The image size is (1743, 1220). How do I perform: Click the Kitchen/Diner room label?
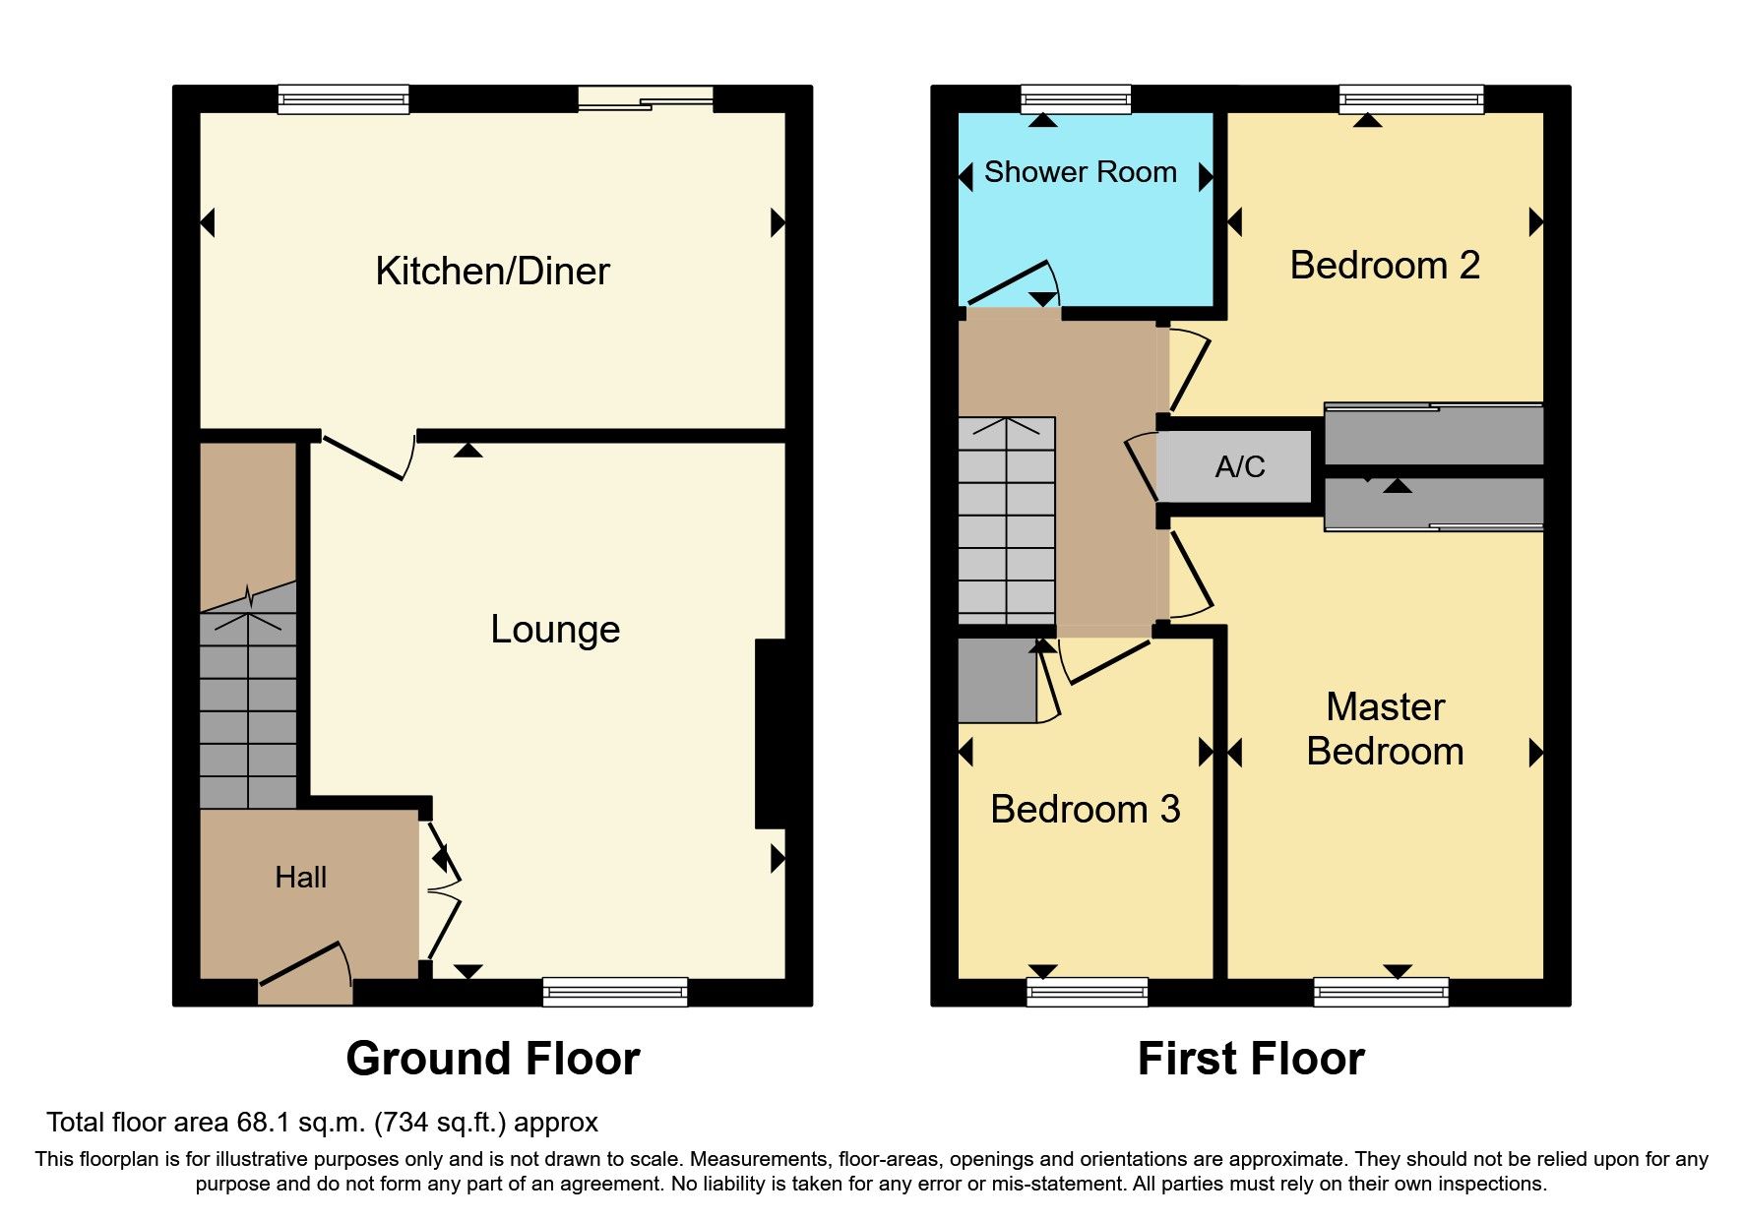[492, 272]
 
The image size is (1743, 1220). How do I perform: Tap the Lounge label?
[555, 630]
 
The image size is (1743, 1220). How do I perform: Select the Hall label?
[300, 878]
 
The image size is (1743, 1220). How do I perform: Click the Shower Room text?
[1080, 172]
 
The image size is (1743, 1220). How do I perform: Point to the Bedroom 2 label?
[1384, 266]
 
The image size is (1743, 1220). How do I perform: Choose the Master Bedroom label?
[1384, 729]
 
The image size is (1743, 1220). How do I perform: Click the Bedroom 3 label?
[1085, 810]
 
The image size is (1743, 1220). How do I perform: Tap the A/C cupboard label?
[1239, 466]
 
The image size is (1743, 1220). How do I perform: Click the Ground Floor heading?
[492, 1060]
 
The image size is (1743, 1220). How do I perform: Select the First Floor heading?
[1250, 1060]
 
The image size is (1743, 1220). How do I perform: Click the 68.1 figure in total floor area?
[260, 1123]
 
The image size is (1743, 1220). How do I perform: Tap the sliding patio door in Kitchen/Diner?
[645, 97]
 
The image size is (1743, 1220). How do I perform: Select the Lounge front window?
[614, 992]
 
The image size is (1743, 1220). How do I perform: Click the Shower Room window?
[1075, 98]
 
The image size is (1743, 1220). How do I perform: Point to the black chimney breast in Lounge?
[771, 733]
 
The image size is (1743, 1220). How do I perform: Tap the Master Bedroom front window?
[1380, 992]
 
